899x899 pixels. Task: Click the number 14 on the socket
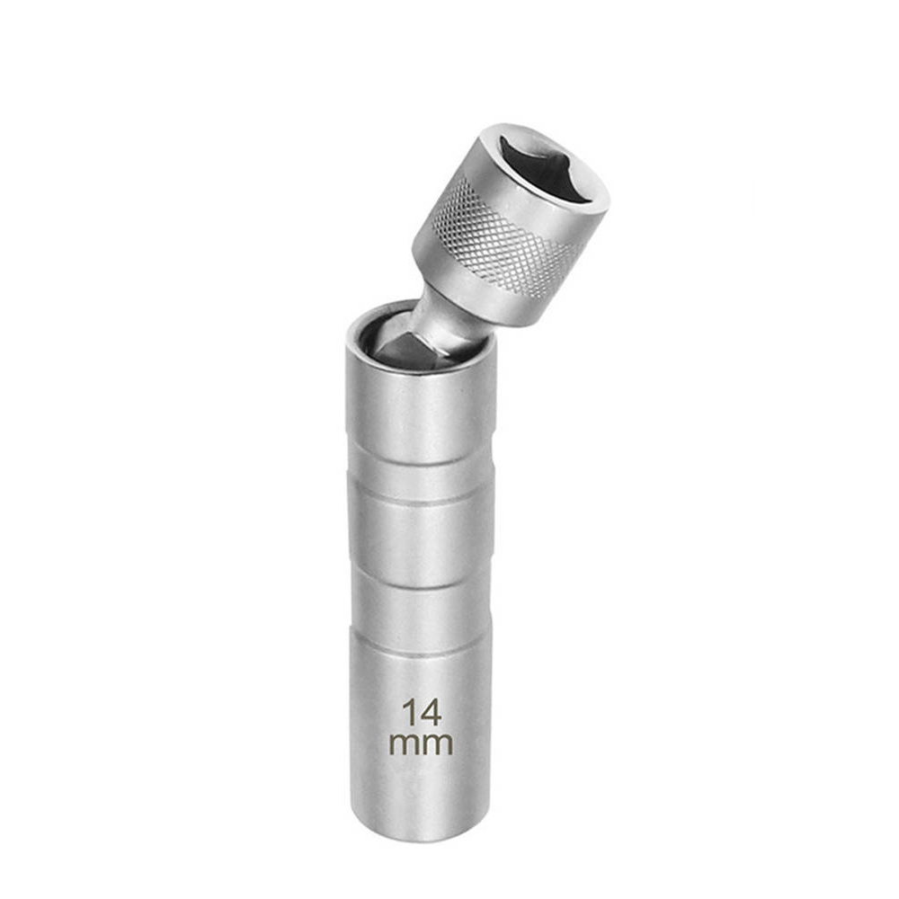point(422,713)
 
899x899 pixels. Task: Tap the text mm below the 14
point(422,743)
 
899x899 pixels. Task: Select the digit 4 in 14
point(432,713)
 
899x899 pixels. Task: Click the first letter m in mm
point(405,743)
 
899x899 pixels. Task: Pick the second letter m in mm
point(439,743)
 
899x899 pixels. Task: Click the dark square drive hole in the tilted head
point(548,165)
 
